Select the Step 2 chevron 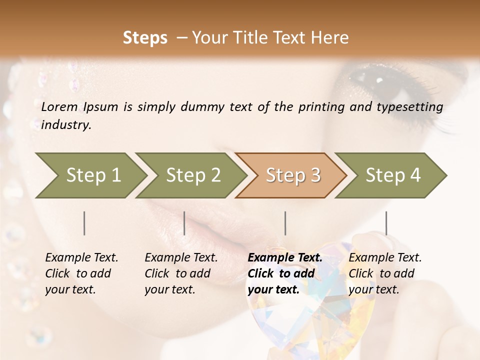coord(193,175)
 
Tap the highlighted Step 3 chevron coord(293,175)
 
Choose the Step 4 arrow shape coord(393,175)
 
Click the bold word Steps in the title coord(145,37)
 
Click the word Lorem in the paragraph coord(59,107)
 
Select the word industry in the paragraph coord(66,125)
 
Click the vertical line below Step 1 coord(84,223)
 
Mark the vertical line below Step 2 coord(184,223)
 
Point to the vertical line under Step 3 coord(285,223)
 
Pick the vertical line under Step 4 coord(386,223)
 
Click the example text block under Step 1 coord(81,273)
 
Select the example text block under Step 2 coord(181,273)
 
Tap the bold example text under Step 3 coord(285,273)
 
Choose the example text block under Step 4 coord(385,273)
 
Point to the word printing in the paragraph coord(320,107)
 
